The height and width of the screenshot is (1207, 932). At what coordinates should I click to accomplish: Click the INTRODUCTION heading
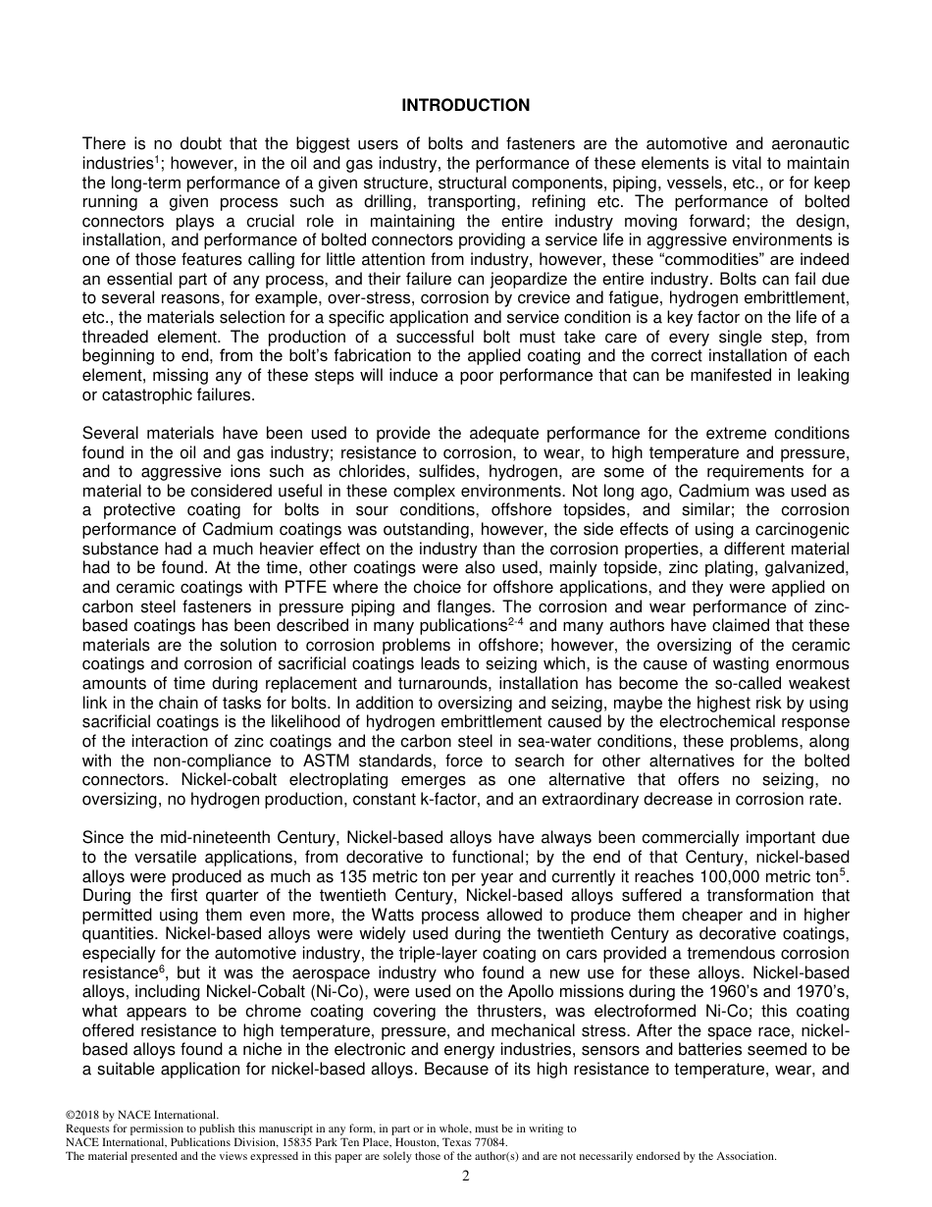point(466,105)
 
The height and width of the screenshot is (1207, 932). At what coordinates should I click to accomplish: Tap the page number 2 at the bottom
point(466,1177)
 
